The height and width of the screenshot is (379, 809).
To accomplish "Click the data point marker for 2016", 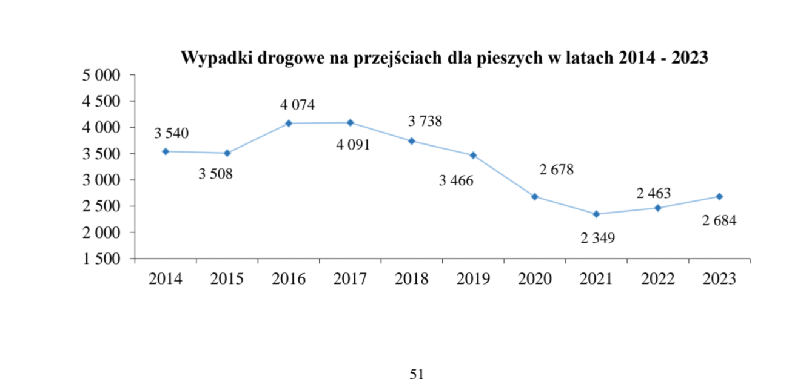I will pyautogui.click(x=289, y=124).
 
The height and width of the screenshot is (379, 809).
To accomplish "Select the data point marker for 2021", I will pyautogui.click(x=596, y=214).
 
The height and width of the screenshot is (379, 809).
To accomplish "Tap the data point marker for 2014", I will pyautogui.click(x=166, y=151).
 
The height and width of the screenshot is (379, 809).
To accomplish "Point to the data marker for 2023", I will pyautogui.click(x=719, y=196).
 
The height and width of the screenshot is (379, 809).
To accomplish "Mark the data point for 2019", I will pyautogui.click(x=473, y=156).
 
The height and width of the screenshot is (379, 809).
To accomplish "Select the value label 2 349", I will pyautogui.click(x=598, y=239).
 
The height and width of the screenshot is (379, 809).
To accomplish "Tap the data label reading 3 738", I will pyautogui.click(x=425, y=121).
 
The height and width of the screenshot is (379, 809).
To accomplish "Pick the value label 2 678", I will pyautogui.click(x=556, y=170).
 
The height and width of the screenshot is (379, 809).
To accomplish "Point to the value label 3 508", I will pyautogui.click(x=216, y=174).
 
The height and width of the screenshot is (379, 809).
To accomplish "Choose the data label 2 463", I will pyautogui.click(x=654, y=194).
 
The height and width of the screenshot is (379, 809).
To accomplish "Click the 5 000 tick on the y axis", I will pyautogui.click(x=101, y=75).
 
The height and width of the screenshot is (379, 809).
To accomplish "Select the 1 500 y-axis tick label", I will pyautogui.click(x=101, y=259).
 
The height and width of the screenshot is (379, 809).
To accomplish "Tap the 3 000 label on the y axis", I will pyautogui.click(x=101, y=180).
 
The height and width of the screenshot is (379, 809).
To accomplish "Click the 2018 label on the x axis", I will pyautogui.click(x=412, y=279).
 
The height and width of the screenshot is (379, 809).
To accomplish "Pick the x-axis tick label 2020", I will pyautogui.click(x=535, y=279).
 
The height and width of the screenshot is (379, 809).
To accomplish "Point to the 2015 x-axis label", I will pyautogui.click(x=227, y=279).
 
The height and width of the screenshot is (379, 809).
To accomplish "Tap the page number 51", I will pyautogui.click(x=417, y=374).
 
